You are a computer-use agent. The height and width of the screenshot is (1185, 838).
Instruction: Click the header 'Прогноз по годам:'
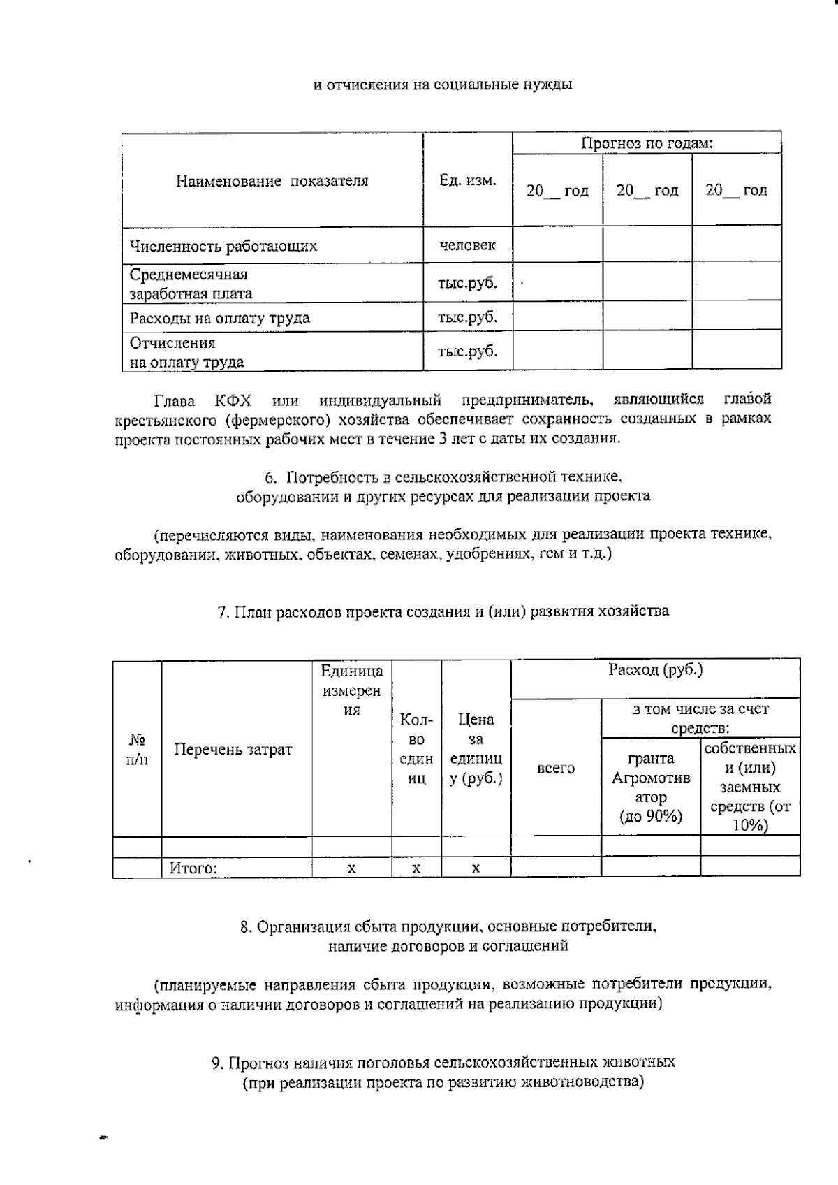[x=647, y=144]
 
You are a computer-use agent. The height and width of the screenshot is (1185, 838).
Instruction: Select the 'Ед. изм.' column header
[x=467, y=181]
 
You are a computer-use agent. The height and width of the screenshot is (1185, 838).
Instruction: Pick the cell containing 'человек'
[x=467, y=245]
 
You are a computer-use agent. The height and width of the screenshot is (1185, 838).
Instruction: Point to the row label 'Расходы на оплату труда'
[x=219, y=319]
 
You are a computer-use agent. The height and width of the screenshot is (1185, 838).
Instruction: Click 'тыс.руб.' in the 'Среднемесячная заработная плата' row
[x=467, y=283]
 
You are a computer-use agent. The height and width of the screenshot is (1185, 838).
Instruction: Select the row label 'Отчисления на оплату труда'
[x=186, y=352]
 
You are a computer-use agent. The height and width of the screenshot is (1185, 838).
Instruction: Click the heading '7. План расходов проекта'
[x=443, y=611]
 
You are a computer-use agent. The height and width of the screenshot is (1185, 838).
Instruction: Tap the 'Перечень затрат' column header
[x=233, y=750]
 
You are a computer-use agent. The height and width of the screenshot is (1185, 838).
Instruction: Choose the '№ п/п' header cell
[x=137, y=749]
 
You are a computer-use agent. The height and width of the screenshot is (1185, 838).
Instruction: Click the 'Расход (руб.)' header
[x=655, y=670]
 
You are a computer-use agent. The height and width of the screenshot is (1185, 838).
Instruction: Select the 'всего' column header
[x=556, y=768]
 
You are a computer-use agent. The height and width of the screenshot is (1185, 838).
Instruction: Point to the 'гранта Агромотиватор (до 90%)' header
[x=651, y=787]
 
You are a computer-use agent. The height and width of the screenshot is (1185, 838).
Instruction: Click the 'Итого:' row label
[x=193, y=868]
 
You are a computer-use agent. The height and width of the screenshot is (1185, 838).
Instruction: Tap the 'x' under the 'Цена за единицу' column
[x=476, y=868]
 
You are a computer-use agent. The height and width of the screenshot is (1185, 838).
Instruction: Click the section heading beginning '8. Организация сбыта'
[x=448, y=927]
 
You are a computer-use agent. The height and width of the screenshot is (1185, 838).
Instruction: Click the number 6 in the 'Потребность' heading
[x=270, y=478]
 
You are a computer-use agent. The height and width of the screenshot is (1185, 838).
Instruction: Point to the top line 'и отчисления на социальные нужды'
[x=442, y=85]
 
